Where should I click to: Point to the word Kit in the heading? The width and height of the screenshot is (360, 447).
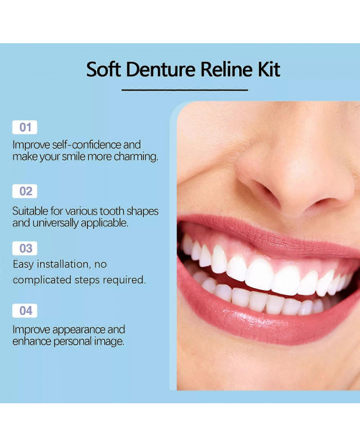click(x=268, y=69)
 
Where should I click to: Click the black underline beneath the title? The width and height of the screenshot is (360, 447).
click(x=185, y=90)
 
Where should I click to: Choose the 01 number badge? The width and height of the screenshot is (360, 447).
click(x=25, y=127)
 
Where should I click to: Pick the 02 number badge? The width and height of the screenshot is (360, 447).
click(x=25, y=191)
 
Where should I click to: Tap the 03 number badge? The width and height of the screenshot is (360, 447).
click(x=25, y=248)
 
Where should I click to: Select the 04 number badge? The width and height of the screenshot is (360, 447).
click(x=25, y=311)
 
